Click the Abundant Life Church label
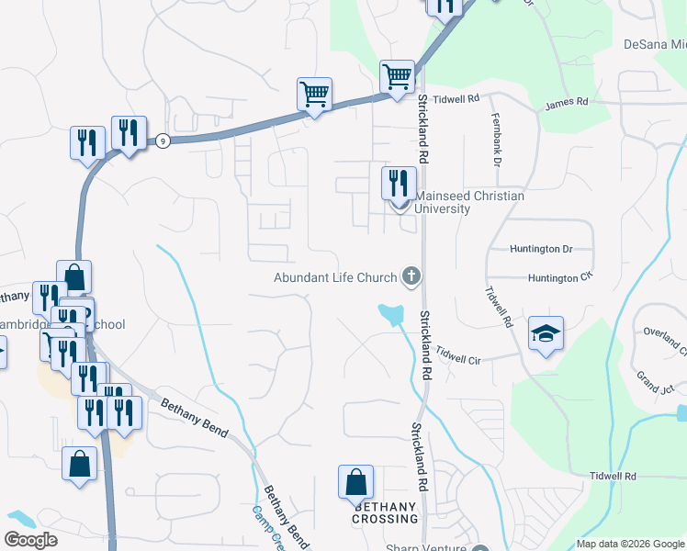click(335, 277)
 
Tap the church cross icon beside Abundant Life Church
click(412, 275)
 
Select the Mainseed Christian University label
click(469, 202)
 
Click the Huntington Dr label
click(541, 249)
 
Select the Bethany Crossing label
click(386, 512)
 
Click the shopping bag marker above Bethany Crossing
click(355, 481)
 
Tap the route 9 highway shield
click(162, 141)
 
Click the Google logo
click(30, 540)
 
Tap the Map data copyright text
click(631, 545)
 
